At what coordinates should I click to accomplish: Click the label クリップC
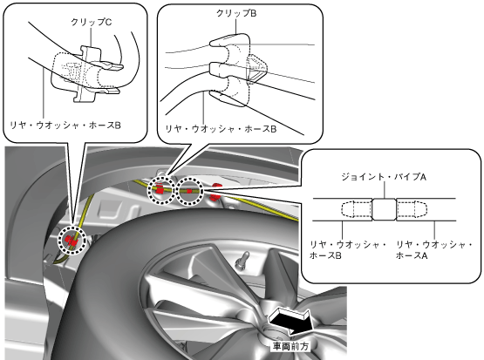(x=91, y=22)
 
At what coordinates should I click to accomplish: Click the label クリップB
(x=236, y=13)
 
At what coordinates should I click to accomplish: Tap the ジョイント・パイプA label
(x=384, y=177)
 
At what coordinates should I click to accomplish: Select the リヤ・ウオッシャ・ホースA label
(x=434, y=250)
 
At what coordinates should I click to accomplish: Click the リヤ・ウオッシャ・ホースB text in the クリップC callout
(x=65, y=126)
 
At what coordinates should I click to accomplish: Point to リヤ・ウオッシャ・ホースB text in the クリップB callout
(x=221, y=129)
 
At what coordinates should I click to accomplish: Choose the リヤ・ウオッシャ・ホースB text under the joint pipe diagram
(x=348, y=250)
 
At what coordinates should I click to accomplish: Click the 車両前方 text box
(x=290, y=346)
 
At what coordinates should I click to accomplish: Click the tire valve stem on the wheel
(x=242, y=260)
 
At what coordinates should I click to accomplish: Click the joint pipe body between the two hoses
(x=384, y=209)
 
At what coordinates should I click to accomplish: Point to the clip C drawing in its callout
(x=87, y=74)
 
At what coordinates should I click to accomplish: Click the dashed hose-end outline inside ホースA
(x=412, y=209)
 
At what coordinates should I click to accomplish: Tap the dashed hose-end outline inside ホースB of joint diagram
(x=357, y=209)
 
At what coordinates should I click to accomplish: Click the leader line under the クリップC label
(x=92, y=37)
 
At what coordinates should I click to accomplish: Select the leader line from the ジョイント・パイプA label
(x=385, y=190)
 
